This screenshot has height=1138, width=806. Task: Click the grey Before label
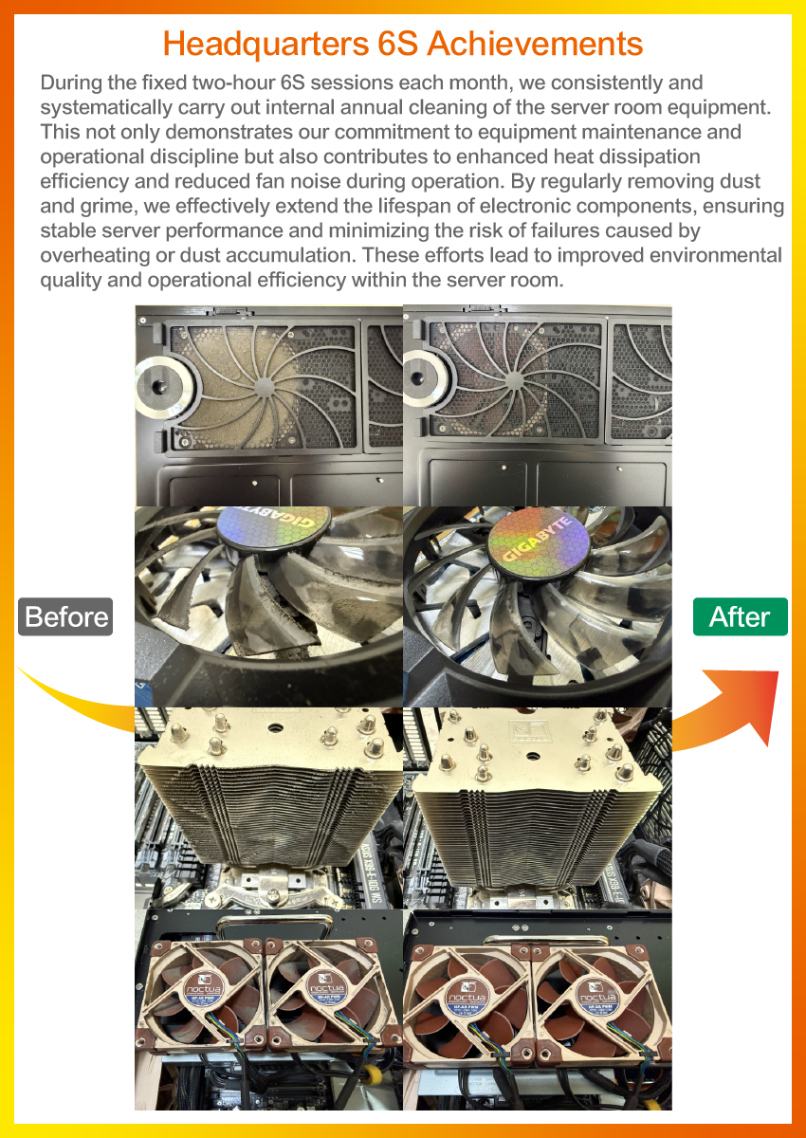[x=65, y=616]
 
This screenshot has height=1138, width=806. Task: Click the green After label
[x=740, y=616]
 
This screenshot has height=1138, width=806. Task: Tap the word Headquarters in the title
[x=266, y=45]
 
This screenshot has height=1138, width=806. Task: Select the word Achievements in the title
[x=535, y=44]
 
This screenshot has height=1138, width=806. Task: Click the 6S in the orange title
[x=397, y=44]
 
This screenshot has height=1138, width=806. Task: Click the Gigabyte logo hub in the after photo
[x=539, y=539]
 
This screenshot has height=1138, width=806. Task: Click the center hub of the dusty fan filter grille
[x=265, y=387]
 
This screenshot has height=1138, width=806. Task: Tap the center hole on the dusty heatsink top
[x=275, y=727]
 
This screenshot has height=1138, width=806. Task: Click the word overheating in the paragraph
[x=95, y=255]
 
